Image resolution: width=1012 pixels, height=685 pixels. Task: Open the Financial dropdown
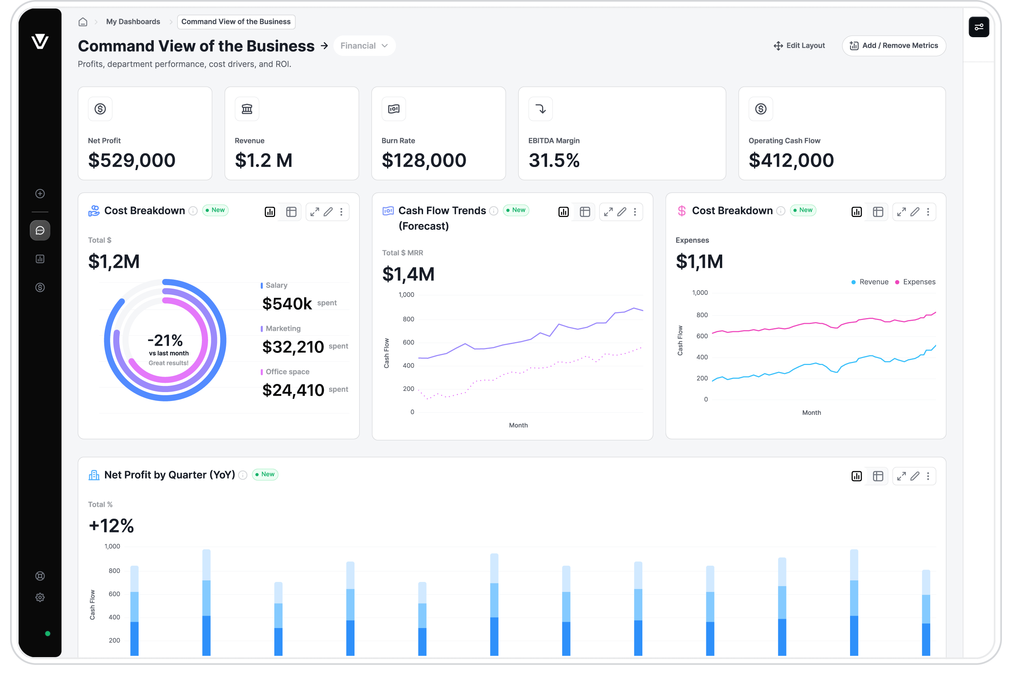[x=364, y=46]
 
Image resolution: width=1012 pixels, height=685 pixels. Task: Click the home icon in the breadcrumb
[x=83, y=22]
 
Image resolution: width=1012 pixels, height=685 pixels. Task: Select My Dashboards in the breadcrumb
[x=133, y=22]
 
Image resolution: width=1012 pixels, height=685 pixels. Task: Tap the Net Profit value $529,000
[x=131, y=160]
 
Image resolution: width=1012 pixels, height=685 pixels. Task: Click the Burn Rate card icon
[x=394, y=109]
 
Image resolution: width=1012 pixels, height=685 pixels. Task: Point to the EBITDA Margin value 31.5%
[x=554, y=160]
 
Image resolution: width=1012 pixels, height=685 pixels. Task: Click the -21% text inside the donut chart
[x=165, y=340]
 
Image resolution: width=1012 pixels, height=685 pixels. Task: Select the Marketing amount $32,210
[x=293, y=347]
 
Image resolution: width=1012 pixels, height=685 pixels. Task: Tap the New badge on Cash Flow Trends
[x=516, y=210]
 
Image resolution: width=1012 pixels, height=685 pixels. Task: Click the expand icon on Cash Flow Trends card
[x=608, y=212]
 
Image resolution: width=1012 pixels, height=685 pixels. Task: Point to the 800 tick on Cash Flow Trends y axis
[x=408, y=319]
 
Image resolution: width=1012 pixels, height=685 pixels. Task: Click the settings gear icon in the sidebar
[x=40, y=597]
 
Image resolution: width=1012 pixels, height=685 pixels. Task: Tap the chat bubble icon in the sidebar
[x=40, y=231]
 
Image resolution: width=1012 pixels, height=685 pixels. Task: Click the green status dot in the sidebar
[x=48, y=633]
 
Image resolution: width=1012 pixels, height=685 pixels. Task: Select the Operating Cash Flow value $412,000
[x=791, y=160]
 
